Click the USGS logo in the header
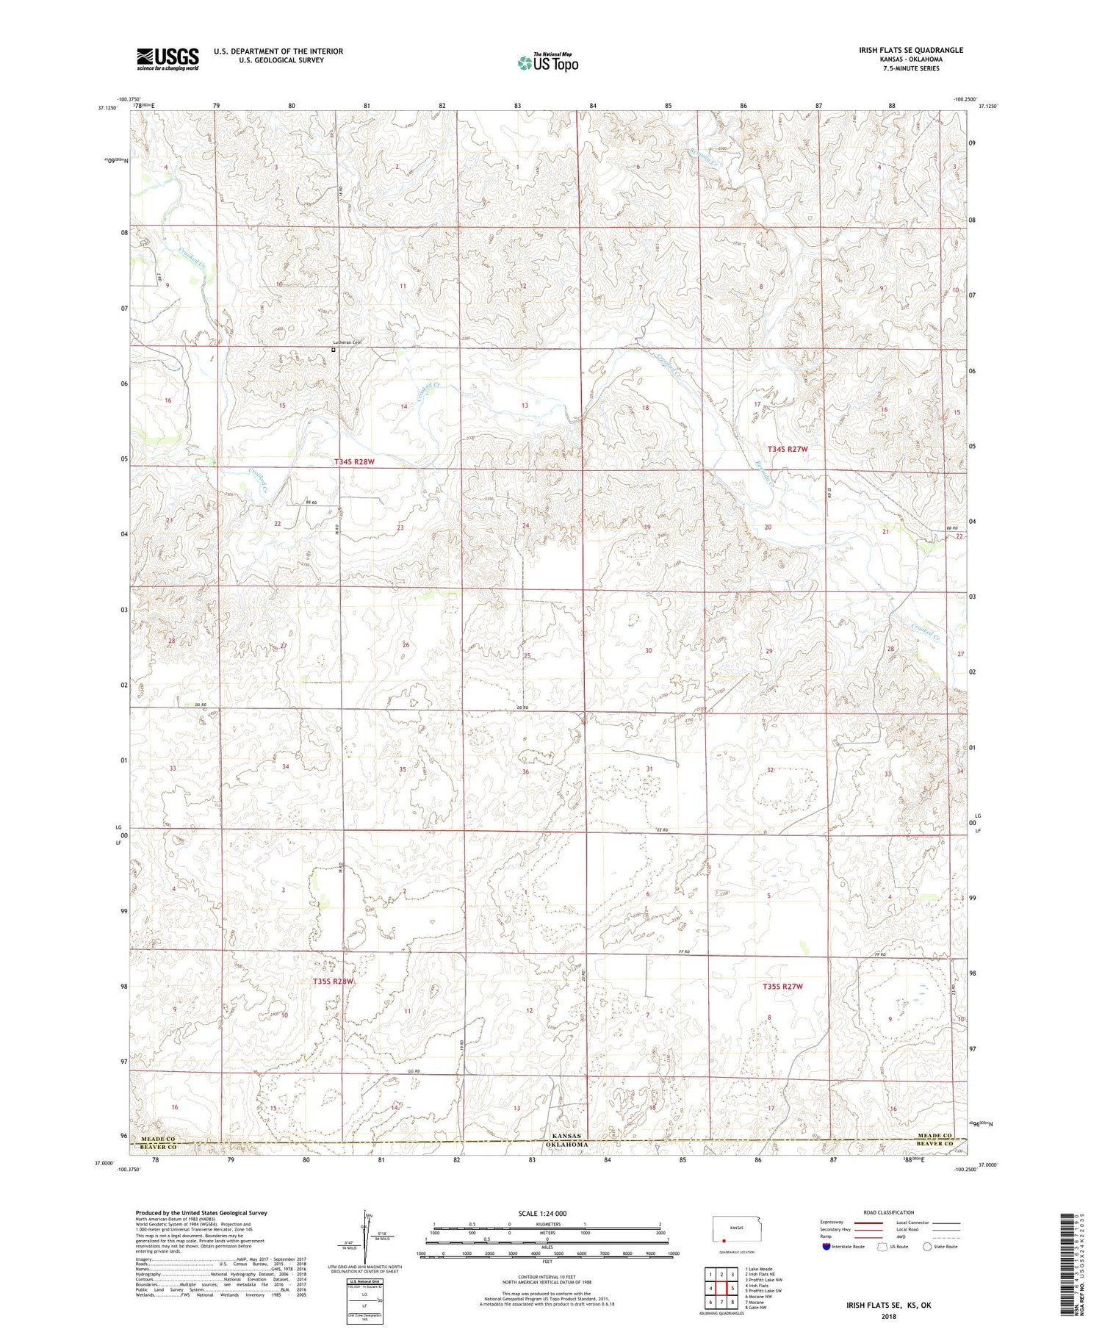click(x=168, y=59)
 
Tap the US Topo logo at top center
click(x=547, y=63)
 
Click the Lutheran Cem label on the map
click(x=347, y=342)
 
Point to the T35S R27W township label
click(x=785, y=987)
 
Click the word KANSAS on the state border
click(x=566, y=1136)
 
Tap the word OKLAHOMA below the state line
click(x=566, y=1145)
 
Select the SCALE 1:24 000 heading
click(x=543, y=1213)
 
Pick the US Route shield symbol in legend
click(x=882, y=1247)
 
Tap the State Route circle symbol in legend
click(x=927, y=1247)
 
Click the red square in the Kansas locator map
click(x=724, y=1243)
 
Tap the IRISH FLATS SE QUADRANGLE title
click(x=910, y=50)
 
